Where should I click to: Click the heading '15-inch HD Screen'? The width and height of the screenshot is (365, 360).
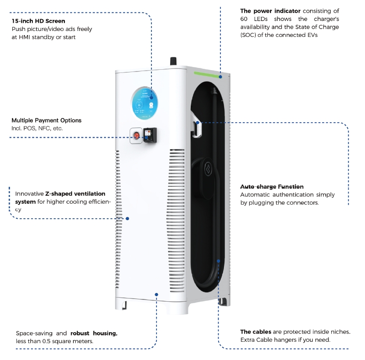click(x=38, y=21)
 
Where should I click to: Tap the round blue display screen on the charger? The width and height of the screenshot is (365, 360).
click(x=146, y=103)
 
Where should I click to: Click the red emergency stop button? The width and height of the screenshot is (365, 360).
click(x=136, y=135)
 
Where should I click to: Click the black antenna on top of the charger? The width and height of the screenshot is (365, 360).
click(x=173, y=62)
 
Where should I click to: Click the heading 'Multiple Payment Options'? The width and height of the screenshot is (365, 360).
click(x=47, y=120)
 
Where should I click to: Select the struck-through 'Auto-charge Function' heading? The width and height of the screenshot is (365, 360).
click(x=272, y=187)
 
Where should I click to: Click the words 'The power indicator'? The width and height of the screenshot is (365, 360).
click(x=270, y=11)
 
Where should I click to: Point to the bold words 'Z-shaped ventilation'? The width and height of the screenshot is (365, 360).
click(x=75, y=194)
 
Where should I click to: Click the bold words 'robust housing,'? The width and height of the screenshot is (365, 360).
click(x=94, y=333)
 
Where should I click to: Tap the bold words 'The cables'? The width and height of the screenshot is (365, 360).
click(x=255, y=332)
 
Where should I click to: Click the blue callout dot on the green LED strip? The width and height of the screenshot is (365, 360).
click(x=220, y=77)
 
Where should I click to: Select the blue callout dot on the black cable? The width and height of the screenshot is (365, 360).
click(x=219, y=261)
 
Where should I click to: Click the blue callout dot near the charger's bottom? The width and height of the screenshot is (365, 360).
click(x=156, y=294)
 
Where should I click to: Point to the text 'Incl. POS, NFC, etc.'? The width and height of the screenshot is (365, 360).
click(x=37, y=129)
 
